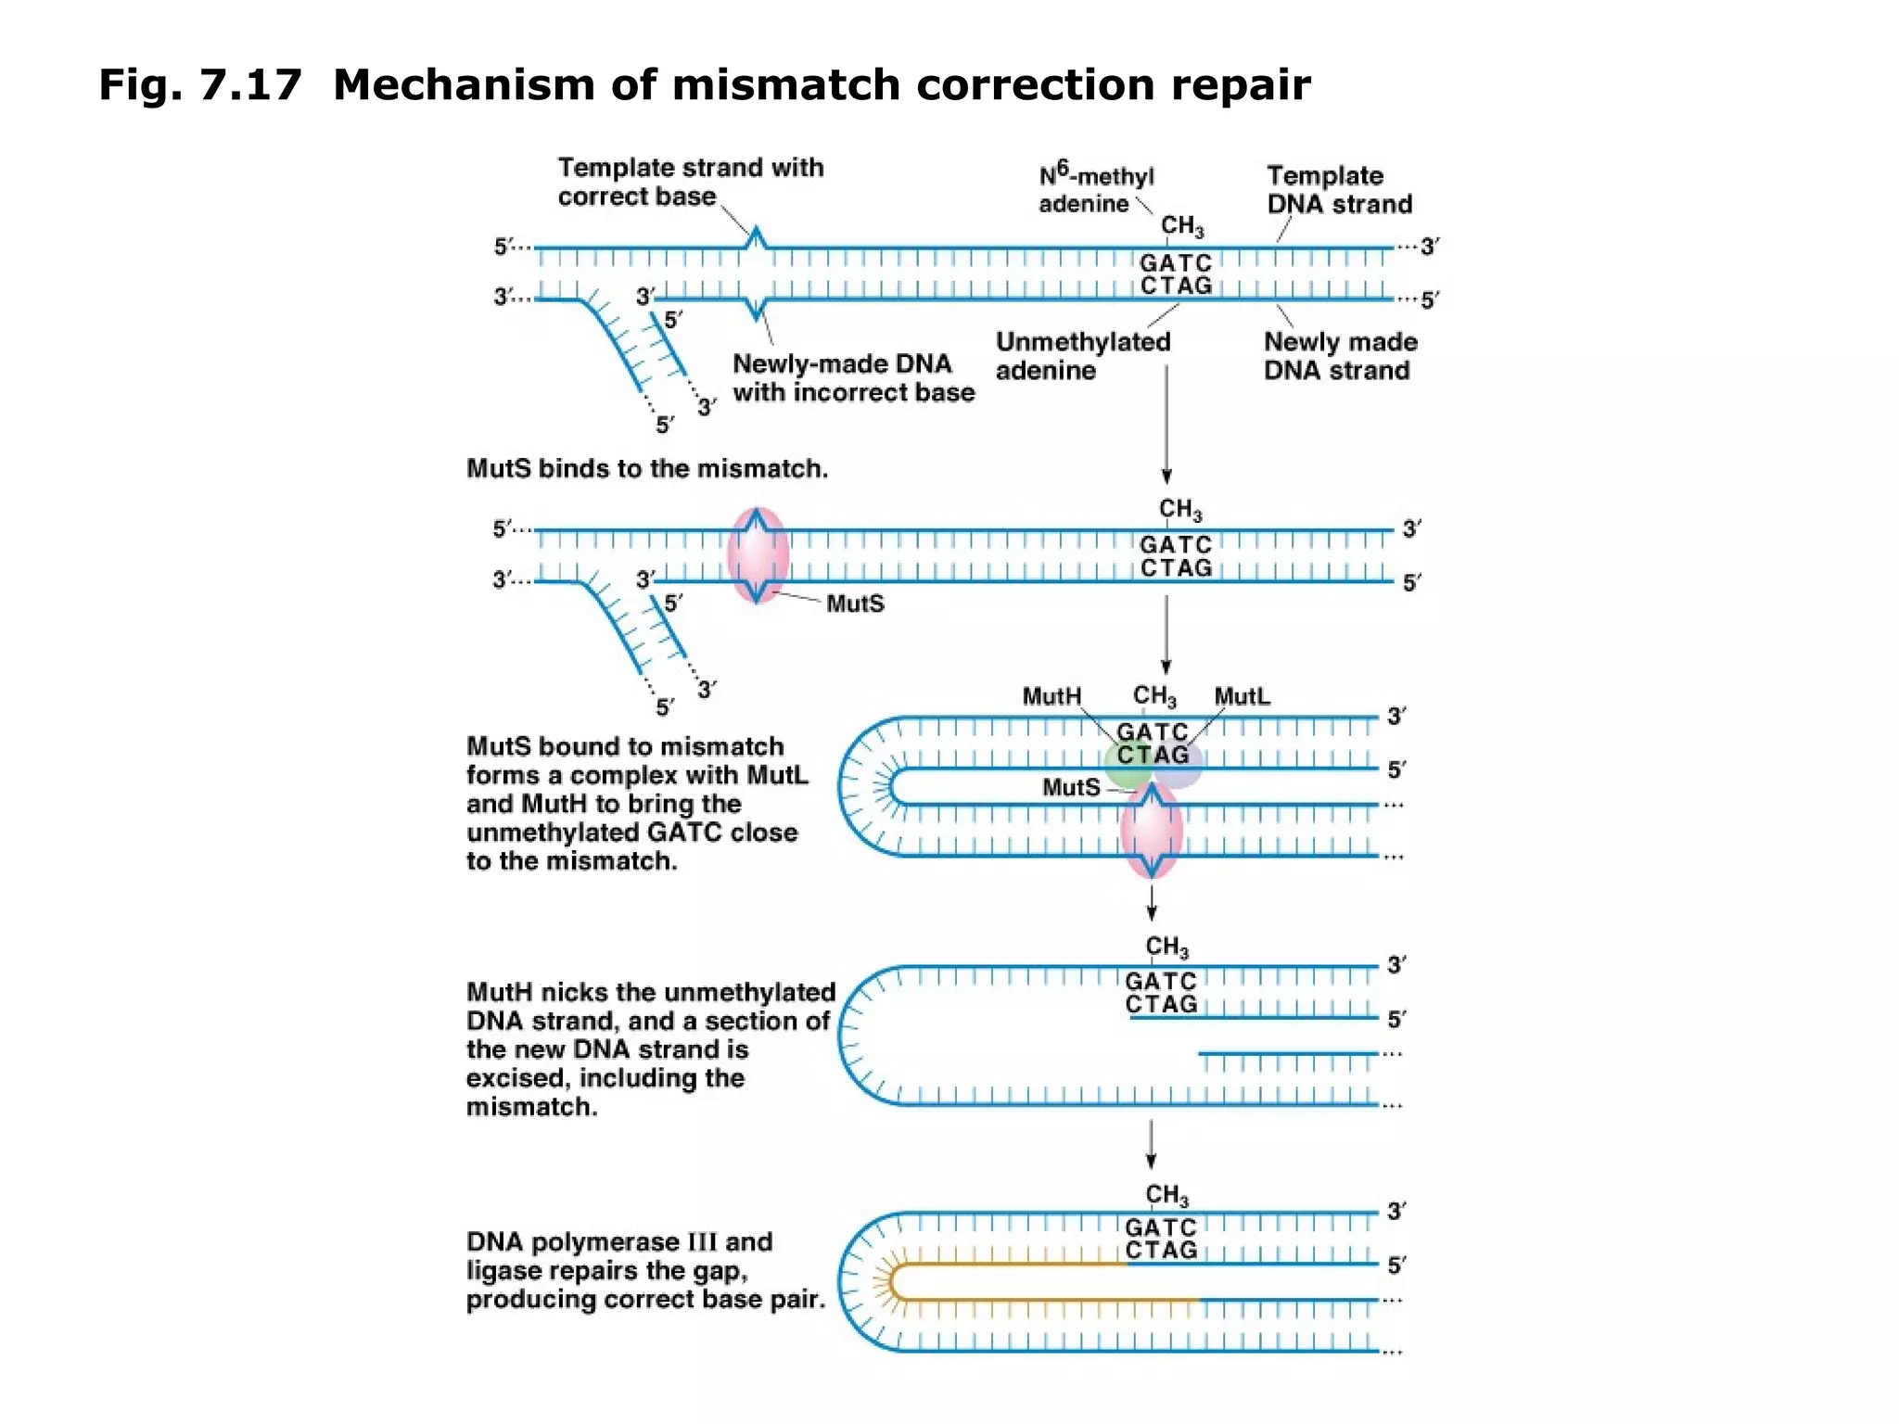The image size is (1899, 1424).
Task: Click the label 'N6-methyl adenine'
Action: pos(1095,190)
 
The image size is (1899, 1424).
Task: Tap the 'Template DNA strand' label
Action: pos(1338,190)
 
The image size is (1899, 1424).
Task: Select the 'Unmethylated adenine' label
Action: pos(1082,356)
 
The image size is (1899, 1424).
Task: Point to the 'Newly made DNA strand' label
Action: pos(1340,356)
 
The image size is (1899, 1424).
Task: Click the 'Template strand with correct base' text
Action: pos(690,182)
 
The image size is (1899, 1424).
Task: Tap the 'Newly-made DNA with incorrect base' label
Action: pos(852,377)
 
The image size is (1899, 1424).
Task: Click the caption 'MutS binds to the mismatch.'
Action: pos(646,468)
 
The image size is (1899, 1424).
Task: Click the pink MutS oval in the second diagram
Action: pos(758,555)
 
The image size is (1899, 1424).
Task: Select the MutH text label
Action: pos(1051,696)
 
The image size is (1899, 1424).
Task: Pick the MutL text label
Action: pos(1242,696)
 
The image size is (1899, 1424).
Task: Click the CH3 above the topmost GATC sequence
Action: pos(1181,226)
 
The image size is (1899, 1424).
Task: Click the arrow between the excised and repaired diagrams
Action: pos(1151,1145)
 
